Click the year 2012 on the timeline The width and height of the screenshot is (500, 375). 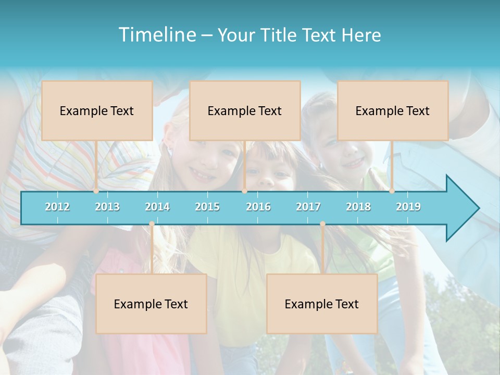click(57, 207)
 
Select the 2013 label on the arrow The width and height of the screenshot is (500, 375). click(107, 207)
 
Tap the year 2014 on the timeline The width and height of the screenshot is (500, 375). click(157, 207)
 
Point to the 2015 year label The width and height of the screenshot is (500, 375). click(207, 207)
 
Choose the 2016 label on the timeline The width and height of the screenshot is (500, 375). click(258, 207)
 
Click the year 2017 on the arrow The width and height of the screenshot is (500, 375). click(308, 207)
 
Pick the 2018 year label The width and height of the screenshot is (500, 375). click(358, 207)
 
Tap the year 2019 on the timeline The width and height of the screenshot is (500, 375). click(408, 207)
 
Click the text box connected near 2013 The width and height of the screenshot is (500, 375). click(97, 110)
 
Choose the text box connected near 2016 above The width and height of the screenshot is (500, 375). click(245, 110)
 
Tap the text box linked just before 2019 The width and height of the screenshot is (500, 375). click(393, 110)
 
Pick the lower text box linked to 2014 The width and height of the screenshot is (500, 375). click(151, 304)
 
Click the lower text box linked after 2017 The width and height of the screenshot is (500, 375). click(322, 304)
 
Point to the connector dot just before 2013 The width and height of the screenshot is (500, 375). click(96, 191)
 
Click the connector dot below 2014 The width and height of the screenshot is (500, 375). click(152, 224)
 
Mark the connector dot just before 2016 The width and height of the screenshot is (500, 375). click(244, 191)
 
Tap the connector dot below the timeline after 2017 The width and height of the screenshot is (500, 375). click(322, 224)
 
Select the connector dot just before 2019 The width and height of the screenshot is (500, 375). click(392, 191)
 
